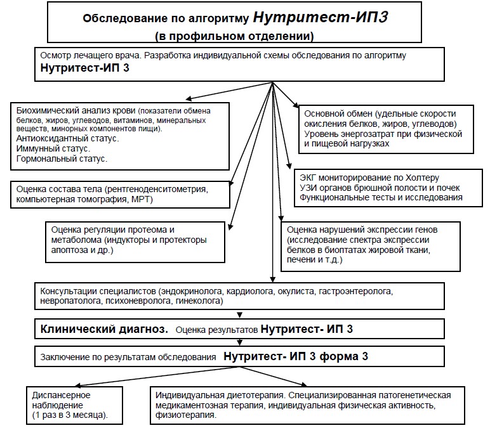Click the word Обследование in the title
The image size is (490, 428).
[x=119, y=18]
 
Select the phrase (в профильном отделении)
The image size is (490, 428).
[x=235, y=36]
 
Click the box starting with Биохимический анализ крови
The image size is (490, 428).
[x=120, y=133]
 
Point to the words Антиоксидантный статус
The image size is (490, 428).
[x=67, y=138]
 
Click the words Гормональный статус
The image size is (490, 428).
[x=62, y=159]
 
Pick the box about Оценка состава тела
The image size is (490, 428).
[x=120, y=194]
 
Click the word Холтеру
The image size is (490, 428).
[x=422, y=178]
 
